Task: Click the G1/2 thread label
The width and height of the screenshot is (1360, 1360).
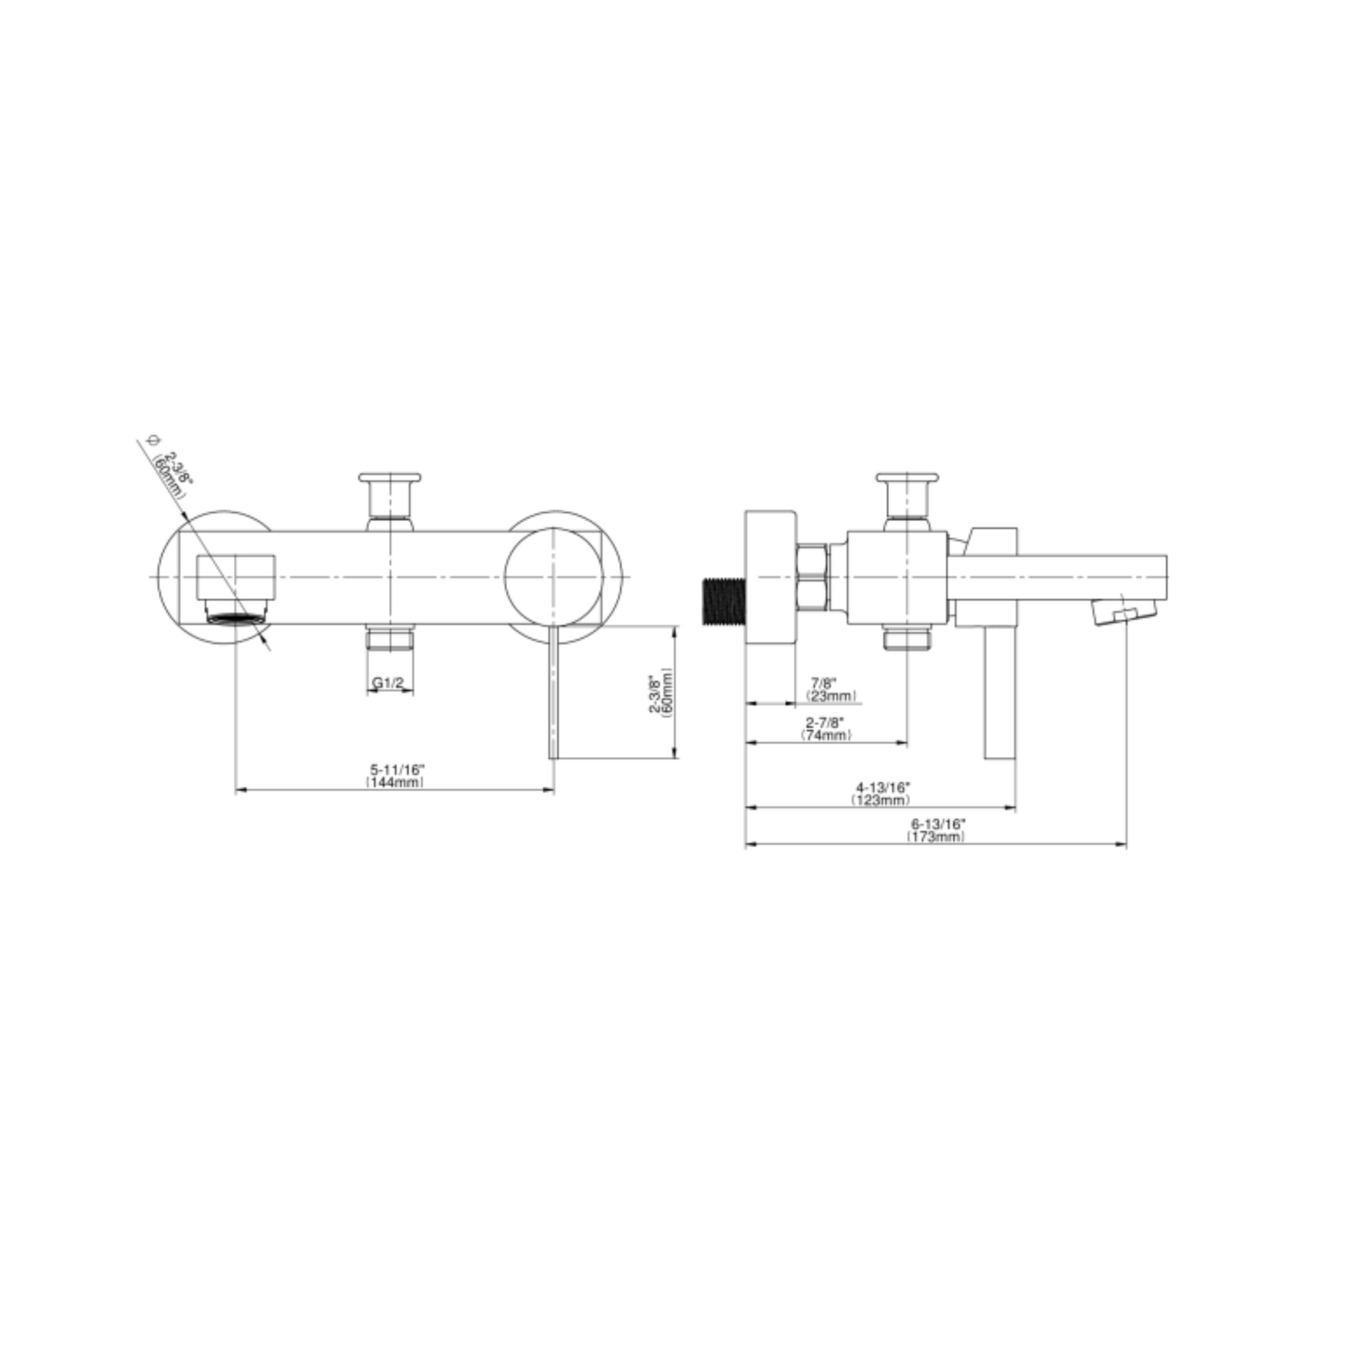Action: pyautogui.click(x=388, y=683)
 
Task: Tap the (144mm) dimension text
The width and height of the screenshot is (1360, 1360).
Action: pyautogui.click(x=395, y=782)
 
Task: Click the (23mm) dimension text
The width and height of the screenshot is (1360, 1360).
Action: pyautogui.click(x=831, y=695)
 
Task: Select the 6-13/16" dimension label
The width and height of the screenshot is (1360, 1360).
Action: pyautogui.click(x=938, y=823)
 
